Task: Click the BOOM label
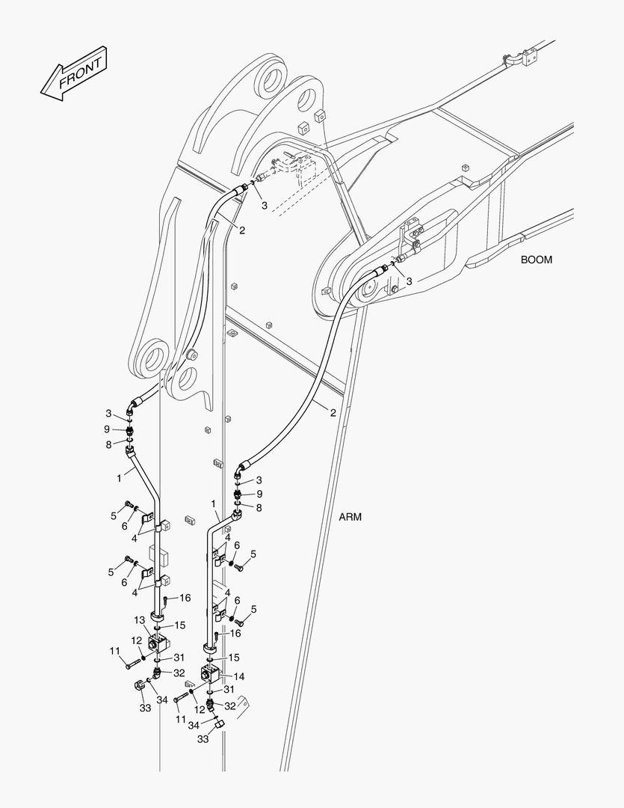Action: pos(537,260)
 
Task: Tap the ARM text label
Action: pos(350,517)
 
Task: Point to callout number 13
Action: pos(139,620)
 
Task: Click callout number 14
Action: pos(239,676)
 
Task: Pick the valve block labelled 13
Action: pos(159,643)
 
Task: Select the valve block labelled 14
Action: pos(209,674)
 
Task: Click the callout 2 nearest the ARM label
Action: pos(333,412)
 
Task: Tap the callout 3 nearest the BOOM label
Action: pos(409,281)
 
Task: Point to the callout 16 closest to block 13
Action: pos(185,598)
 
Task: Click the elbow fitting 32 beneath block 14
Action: pos(209,704)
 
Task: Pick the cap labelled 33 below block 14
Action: pos(218,725)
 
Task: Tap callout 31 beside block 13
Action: pos(179,657)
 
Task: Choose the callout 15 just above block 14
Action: pos(234,657)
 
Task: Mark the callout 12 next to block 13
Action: pos(136,640)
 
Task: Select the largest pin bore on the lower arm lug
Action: pos(152,356)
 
